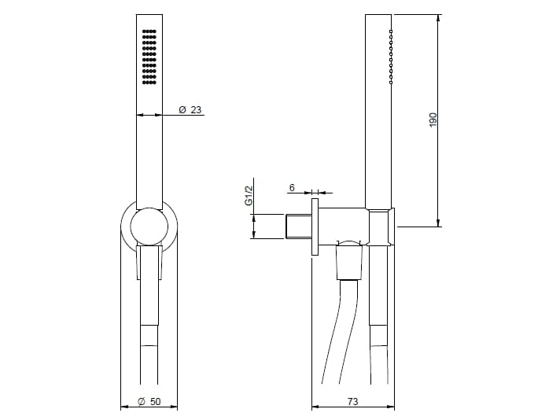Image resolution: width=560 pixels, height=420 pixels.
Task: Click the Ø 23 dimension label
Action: point(190,109)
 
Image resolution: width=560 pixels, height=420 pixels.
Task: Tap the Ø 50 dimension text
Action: point(149,401)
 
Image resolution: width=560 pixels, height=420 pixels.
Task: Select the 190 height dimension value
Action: point(432,120)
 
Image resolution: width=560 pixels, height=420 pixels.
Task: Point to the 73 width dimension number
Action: point(352,401)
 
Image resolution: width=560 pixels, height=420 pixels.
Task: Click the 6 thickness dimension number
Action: point(292,187)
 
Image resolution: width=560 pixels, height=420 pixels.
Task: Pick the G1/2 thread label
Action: point(247,196)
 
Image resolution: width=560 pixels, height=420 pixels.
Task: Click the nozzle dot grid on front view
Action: point(148,56)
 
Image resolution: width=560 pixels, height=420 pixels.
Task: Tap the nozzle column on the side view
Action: point(391,57)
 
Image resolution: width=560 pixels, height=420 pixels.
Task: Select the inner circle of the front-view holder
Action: point(149,228)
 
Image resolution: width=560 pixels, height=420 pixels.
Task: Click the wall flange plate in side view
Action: point(315,227)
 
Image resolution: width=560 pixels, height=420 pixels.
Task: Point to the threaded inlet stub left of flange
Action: point(297,227)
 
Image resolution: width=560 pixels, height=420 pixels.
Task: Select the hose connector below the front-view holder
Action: point(149,262)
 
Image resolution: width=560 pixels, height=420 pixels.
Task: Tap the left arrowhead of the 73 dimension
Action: point(315,407)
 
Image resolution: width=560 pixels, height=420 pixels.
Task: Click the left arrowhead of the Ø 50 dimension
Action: point(124,407)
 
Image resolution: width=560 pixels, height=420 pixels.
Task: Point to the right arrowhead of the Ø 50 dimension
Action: point(173,407)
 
